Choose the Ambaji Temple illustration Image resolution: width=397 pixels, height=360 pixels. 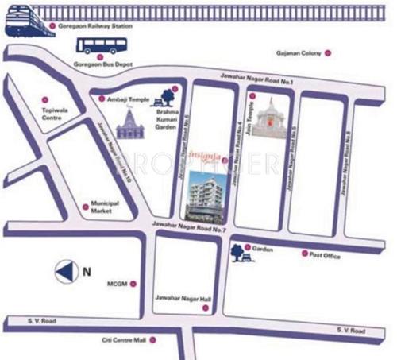coord(129,123)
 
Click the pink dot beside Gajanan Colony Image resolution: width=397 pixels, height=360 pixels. coord(327,53)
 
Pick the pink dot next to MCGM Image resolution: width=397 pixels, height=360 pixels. coord(133,283)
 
